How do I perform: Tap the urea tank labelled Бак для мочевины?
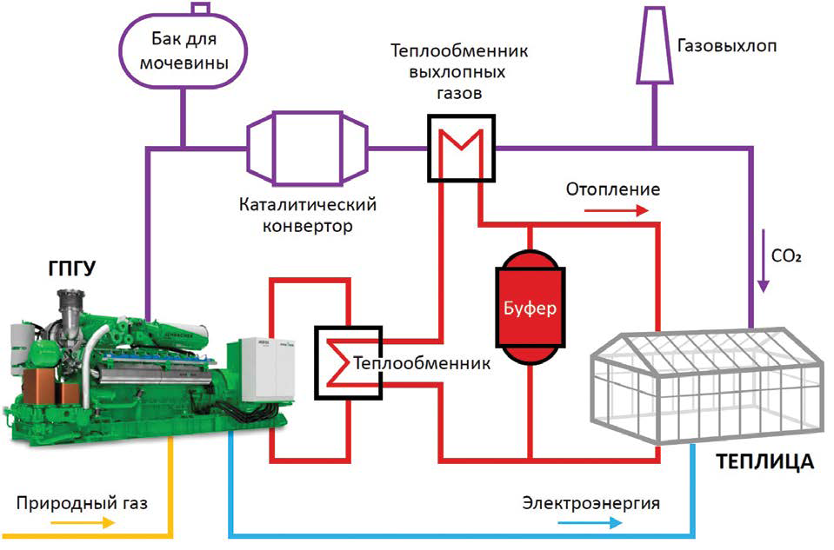[x=183, y=53]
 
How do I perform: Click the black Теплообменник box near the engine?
[x=347, y=361]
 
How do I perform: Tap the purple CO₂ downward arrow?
[x=763, y=260]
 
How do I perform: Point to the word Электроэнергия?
[x=590, y=503]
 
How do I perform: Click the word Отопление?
[x=612, y=189]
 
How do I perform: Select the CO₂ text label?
[x=787, y=257]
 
